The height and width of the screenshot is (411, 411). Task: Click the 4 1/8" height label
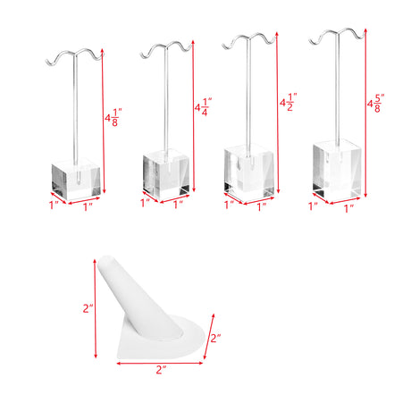(113, 118)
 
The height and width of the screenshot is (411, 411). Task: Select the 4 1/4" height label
(203, 106)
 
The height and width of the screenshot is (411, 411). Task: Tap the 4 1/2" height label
(289, 102)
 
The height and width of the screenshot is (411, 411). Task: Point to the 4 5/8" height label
(376, 104)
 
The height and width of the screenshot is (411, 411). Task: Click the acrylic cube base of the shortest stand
(76, 180)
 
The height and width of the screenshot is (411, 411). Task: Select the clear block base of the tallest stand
(337, 171)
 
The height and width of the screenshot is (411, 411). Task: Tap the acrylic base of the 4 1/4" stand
(166, 175)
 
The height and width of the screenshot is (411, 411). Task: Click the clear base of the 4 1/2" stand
(248, 174)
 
